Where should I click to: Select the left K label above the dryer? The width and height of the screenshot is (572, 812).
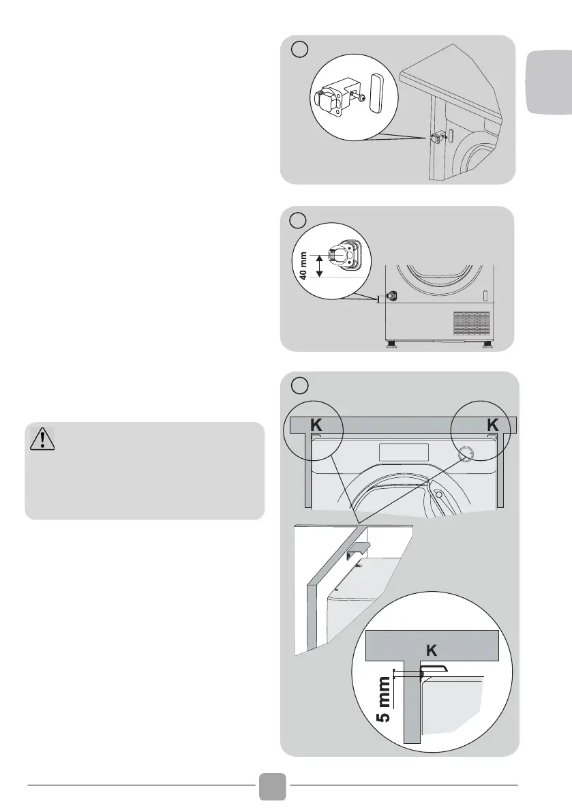(316, 425)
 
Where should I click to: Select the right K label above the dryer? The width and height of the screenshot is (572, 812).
(493, 425)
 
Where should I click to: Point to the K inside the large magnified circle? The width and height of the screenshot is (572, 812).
(431, 650)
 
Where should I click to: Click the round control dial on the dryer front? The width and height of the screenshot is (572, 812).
(466, 453)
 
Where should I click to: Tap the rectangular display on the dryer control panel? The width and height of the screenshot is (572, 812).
(404, 451)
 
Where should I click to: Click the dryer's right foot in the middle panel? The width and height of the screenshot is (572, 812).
(488, 345)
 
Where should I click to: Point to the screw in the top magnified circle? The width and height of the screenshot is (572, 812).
(359, 100)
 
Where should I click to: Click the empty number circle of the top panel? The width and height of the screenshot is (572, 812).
(298, 50)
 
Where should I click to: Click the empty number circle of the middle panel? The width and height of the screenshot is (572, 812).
(298, 221)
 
